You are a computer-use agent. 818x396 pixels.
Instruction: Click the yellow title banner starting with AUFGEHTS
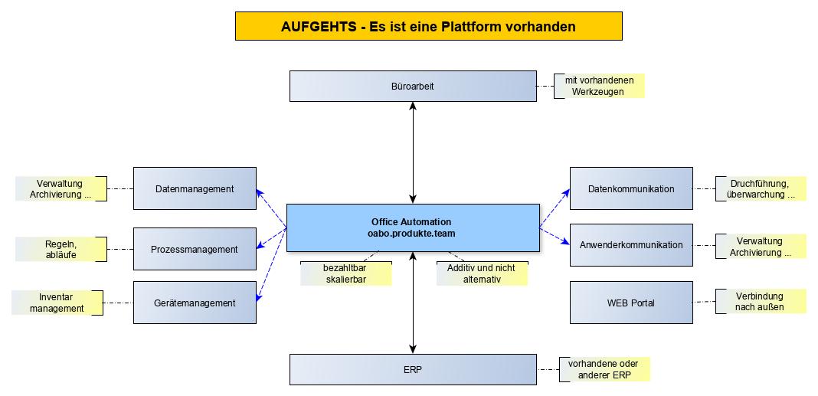pyautogui.click(x=428, y=26)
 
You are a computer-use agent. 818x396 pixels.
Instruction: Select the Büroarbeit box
pyautogui.click(x=413, y=86)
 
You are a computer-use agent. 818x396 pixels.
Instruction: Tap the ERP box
pyautogui.click(x=413, y=369)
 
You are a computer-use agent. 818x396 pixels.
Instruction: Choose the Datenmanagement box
pyautogui.click(x=195, y=188)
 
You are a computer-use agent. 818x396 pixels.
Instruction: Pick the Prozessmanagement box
pyautogui.click(x=195, y=249)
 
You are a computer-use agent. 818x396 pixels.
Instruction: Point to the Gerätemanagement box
pyautogui.click(x=195, y=303)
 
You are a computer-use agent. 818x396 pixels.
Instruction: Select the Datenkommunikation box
pyautogui.click(x=631, y=188)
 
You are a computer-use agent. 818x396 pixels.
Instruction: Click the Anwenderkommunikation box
pyautogui.click(x=631, y=245)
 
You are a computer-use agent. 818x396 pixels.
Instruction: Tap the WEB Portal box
pyautogui.click(x=631, y=303)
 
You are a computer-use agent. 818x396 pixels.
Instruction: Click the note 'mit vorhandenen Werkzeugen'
pyautogui.click(x=600, y=86)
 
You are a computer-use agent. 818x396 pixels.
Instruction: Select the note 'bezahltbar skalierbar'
pyautogui.click(x=345, y=274)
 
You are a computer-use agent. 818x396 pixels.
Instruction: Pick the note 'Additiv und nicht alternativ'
pyautogui.click(x=482, y=274)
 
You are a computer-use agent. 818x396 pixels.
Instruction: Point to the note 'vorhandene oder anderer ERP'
pyautogui.click(x=604, y=369)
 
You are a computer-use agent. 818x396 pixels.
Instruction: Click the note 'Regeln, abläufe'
pyautogui.click(x=60, y=249)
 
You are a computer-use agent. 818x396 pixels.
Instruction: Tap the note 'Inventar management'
pyautogui.click(x=57, y=303)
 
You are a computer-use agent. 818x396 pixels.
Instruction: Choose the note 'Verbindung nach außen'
pyautogui.click(x=760, y=301)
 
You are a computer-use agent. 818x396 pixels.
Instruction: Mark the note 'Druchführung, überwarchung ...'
pyautogui.click(x=761, y=188)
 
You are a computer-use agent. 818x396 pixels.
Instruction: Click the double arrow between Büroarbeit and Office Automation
pyautogui.click(x=414, y=152)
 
